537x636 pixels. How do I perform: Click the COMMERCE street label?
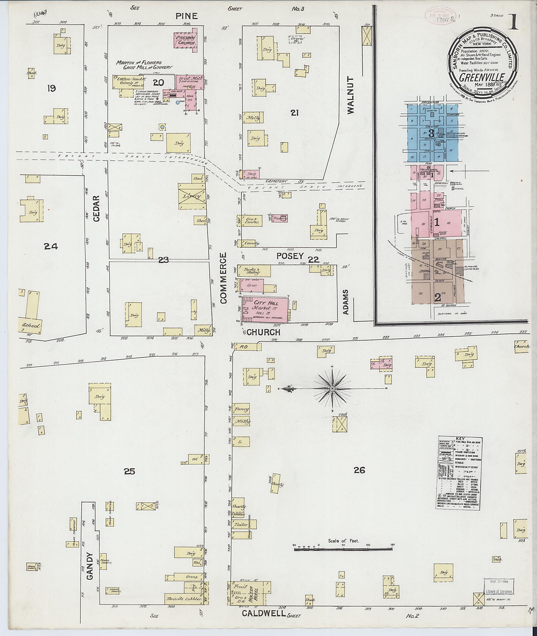[223, 278]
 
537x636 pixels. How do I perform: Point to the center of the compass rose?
[332, 389]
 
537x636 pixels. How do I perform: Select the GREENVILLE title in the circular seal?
[482, 77]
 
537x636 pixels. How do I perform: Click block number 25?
[129, 471]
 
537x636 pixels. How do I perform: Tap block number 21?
[294, 113]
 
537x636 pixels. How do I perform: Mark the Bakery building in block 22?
[280, 218]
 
